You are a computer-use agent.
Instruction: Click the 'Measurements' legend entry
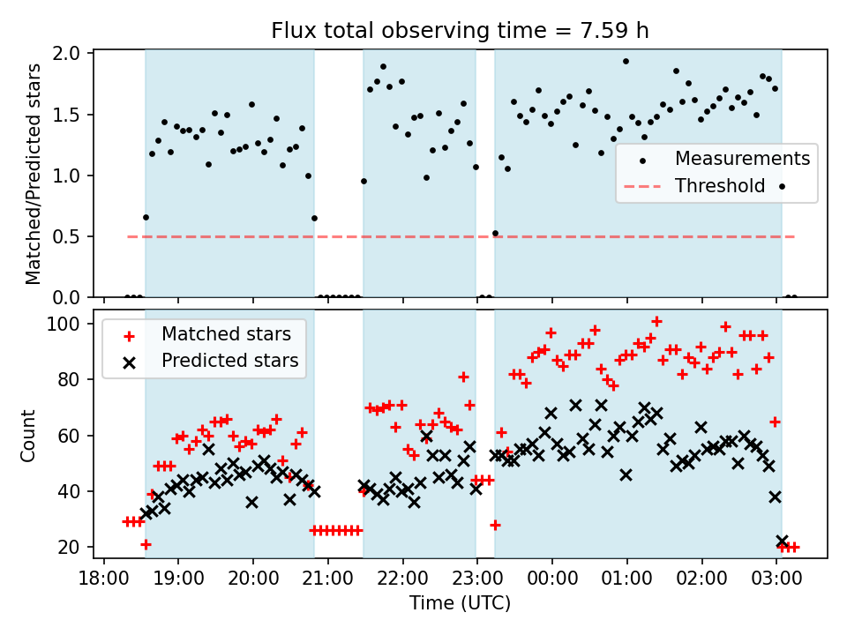tap(742, 159)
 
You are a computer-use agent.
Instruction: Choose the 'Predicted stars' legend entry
tap(229, 361)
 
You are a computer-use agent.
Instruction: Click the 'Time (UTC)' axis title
tap(460, 603)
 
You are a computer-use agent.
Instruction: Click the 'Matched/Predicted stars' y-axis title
tap(34, 174)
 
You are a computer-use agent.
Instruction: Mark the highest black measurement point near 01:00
tap(626, 62)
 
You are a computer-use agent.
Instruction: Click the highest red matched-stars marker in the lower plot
tap(656, 322)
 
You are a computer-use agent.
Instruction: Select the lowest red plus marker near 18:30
tap(146, 544)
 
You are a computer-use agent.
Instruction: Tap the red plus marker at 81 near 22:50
tap(463, 377)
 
